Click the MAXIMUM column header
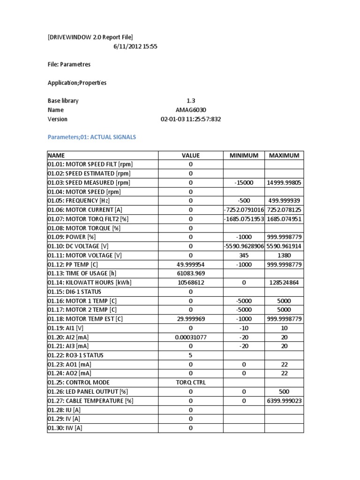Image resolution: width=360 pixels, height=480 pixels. (x=284, y=156)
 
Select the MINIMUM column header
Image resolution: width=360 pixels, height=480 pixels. (x=244, y=156)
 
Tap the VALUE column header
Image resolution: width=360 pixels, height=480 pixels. (x=191, y=156)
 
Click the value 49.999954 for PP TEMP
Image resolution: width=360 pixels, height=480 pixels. (x=191, y=264)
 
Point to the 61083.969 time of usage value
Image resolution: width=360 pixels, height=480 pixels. (x=191, y=273)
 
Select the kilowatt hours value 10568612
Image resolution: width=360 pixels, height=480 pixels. (x=191, y=283)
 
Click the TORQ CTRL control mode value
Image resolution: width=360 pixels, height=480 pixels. (x=191, y=382)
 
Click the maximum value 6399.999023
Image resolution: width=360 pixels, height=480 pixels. (x=284, y=401)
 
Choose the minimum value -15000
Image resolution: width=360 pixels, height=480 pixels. (x=244, y=183)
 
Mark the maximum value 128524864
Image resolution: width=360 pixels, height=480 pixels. (x=284, y=283)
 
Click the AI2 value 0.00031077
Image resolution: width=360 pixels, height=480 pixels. (x=191, y=337)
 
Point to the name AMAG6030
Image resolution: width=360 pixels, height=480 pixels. (x=191, y=110)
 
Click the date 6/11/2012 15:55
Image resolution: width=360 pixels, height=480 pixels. (x=136, y=46)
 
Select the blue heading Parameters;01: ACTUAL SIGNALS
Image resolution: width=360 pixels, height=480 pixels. (x=92, y=137)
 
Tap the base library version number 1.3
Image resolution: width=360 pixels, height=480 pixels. (x=191, y=101)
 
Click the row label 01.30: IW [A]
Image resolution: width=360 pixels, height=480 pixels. (x=64, y=428)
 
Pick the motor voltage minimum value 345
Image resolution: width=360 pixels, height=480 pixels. (x=244, y=255)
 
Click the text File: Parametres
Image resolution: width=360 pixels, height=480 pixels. (x=69, y=65)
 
